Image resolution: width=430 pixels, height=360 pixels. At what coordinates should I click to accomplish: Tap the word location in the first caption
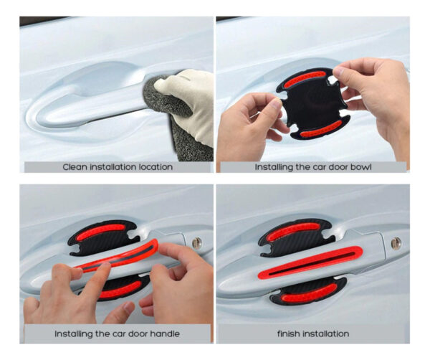156,167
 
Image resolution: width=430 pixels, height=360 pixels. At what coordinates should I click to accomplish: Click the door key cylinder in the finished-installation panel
396,243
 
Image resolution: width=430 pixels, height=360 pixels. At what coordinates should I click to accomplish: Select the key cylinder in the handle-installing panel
196,242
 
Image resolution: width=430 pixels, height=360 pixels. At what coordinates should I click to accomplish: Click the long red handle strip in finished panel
310,262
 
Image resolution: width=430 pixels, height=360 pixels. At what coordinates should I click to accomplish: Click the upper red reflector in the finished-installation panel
293,232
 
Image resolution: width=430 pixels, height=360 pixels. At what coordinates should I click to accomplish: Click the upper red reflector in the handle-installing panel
100,232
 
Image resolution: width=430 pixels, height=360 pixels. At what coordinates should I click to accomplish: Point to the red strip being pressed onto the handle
117,256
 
